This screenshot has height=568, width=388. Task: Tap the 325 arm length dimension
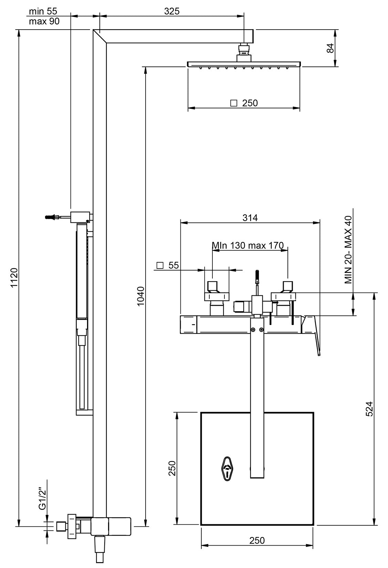(x=171, y=11)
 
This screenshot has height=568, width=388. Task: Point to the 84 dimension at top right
(x=330, y=48)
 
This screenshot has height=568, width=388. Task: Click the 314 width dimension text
(x=250, y=218)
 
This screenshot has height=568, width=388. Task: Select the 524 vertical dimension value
(x=369, y=409)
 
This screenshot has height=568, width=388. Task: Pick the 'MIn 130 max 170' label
(x=248, y=245)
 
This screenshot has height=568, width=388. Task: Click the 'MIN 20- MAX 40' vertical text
(x=348, y=250)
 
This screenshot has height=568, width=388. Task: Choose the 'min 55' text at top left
(x=43, y=11)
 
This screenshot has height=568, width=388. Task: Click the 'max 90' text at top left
(x=44, y=21)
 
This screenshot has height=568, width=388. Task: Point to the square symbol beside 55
(x=160, y=265)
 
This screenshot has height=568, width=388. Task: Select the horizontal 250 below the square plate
(x=257, y=540)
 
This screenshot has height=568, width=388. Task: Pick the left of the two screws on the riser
(x=253, y=330)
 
